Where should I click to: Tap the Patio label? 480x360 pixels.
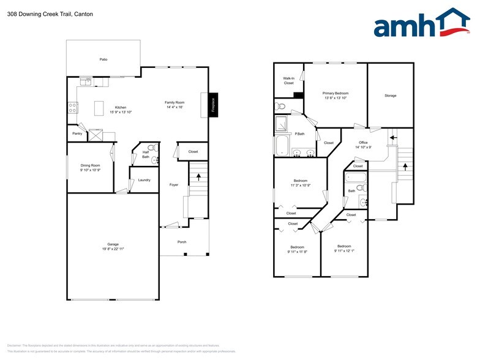[103, 59]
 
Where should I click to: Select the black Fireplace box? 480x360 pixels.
[213, 105]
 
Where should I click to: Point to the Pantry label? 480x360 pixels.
[77, 133]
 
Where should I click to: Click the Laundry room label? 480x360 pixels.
[144, 180]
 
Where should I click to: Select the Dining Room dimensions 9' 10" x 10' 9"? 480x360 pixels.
[90, 170]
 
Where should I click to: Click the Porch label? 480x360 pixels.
[182, 242]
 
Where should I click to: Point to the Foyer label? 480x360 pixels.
[174, 184]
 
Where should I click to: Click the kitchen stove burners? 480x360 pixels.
[72, 108]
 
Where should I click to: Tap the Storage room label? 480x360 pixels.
[390, 96]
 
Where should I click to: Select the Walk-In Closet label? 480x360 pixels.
[288, 80]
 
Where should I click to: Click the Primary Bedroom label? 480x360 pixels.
[336, 93]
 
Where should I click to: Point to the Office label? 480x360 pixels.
[363, 143]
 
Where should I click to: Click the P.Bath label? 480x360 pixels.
[299, 134]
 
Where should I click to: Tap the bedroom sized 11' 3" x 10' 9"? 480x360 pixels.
[300, 185]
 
